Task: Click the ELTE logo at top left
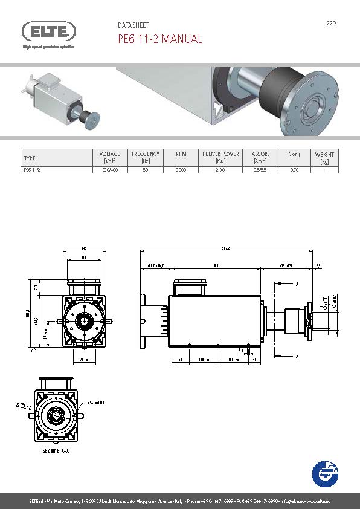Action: (49, 31)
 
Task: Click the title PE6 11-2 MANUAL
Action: (159, 39)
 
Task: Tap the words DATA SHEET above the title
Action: (133, 26)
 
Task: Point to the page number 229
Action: (331, 24)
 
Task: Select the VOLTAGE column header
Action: (109, 157)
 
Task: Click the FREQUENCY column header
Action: (146, 157)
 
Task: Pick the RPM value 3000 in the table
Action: (181, 170)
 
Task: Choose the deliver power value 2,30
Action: (220, 170)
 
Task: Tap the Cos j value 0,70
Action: (294, 170)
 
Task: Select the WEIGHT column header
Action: (324, 157)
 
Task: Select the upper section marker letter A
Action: (297, 283)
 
